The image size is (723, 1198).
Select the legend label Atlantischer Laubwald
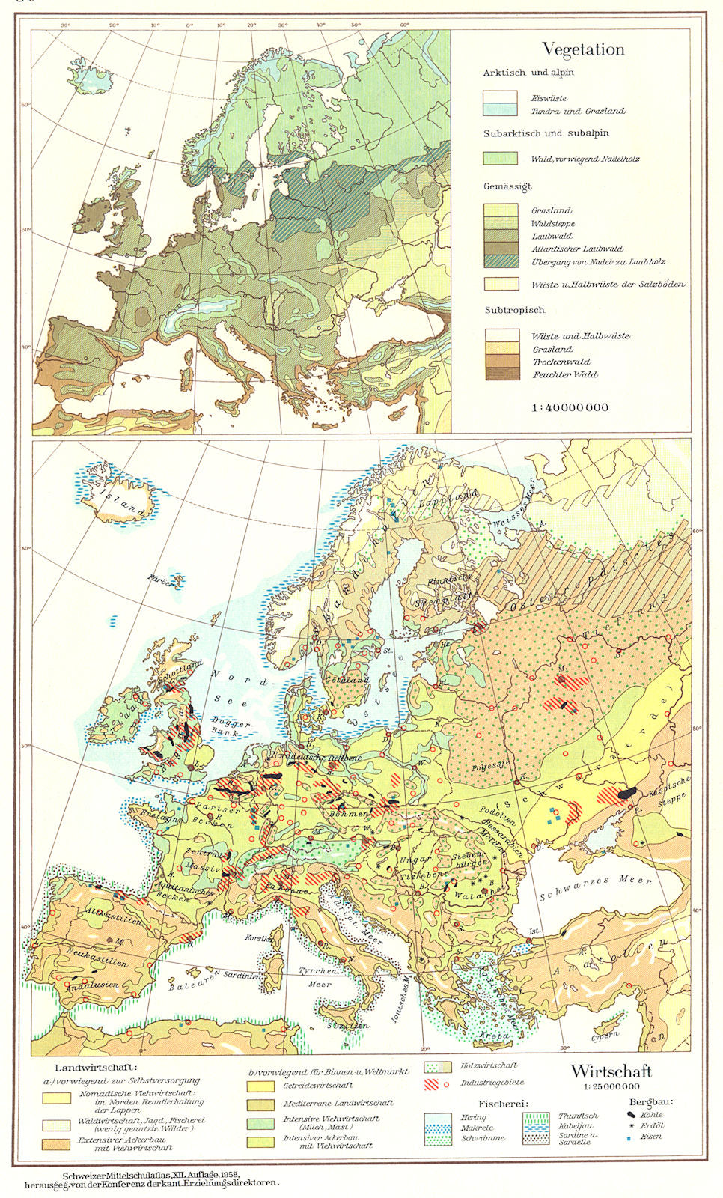[577, 249]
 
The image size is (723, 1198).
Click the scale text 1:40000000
[570, 407]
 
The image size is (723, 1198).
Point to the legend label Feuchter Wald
[565, 374]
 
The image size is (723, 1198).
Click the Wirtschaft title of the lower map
[611, 1072]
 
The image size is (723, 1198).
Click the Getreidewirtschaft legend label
[318, 1085]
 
